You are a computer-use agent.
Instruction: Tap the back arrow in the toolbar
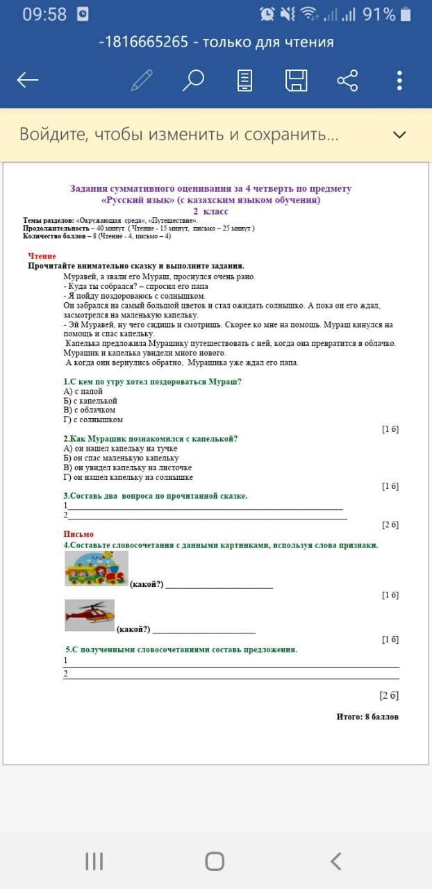28,81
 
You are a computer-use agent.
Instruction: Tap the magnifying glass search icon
193,81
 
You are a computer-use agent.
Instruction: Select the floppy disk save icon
296,81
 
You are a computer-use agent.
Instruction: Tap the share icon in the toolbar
347,81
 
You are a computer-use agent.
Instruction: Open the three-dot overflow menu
399,81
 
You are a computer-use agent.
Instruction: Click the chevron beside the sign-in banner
399,135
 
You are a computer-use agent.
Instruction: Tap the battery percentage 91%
379,14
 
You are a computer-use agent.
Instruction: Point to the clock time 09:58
44,14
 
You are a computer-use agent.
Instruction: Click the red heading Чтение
42,256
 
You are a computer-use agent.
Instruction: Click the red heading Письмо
78,534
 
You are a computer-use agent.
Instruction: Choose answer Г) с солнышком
93,419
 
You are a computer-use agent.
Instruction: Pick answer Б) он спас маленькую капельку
121,458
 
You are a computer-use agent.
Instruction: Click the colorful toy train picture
96,570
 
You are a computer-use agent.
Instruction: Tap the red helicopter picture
90,615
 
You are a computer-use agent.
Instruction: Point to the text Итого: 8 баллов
367,716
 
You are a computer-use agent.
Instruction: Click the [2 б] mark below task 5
389,695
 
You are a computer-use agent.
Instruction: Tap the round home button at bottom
215,861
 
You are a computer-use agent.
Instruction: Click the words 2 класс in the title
210,211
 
